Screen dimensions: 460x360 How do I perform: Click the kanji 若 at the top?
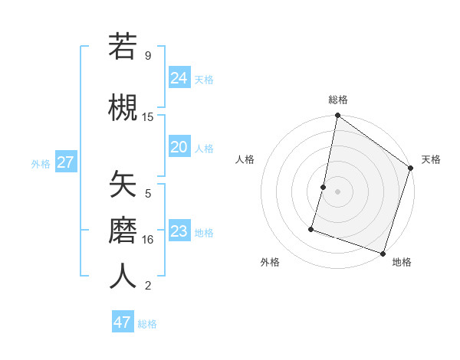123,47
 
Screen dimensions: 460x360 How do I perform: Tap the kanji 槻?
123,106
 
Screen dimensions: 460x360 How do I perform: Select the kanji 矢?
123,184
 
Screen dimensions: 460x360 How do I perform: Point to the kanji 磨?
123,229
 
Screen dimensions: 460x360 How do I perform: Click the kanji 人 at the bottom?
123,276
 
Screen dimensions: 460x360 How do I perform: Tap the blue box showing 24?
179,78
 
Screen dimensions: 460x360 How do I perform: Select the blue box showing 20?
179,147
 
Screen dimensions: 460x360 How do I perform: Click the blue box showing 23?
179,231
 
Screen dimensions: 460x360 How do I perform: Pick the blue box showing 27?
65,162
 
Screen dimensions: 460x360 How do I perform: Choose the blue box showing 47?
123,322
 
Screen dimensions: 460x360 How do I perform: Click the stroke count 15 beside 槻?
148,116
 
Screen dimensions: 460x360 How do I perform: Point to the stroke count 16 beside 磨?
148,239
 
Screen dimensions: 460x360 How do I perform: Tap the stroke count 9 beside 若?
147,55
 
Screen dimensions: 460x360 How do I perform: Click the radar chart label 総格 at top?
338,100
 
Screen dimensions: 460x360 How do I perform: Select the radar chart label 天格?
431,159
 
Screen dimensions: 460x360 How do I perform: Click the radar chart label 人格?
245,159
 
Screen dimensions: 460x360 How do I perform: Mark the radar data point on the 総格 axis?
337,116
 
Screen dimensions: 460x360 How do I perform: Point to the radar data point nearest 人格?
324,187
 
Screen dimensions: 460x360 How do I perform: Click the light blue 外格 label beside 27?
41,163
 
